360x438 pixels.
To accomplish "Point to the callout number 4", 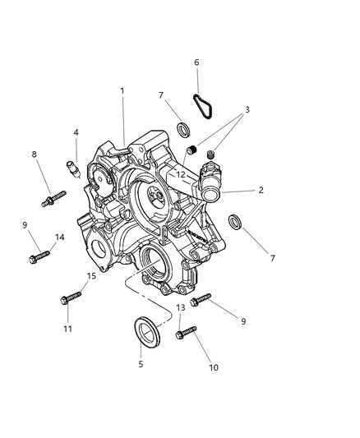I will pos(76,131).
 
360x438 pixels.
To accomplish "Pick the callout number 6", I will pos(196,62).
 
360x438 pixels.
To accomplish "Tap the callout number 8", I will pos(35,154).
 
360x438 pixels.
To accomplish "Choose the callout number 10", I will pos(213,367).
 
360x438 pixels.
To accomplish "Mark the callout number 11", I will pos(68,329).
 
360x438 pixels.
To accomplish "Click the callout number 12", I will pos(180,174).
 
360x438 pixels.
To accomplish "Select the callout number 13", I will pos(179,307).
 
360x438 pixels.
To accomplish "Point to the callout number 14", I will pos(59,237).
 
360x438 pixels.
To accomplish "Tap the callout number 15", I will pos(91,276).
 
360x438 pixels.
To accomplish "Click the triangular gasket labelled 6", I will pos(201,106).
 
